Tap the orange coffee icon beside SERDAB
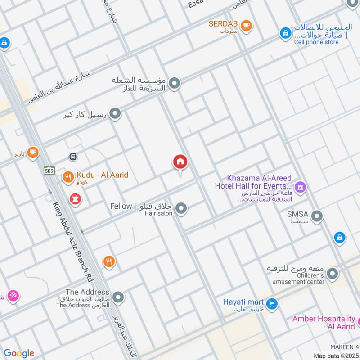point(246,26)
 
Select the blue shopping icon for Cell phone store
point(285,33)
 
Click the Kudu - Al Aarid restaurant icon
point(68,178)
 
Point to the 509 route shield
point(49,170)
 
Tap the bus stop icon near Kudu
point(72,157)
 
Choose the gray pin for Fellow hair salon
point(181,208)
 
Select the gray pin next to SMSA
point(317,217)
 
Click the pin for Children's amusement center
point(333,274)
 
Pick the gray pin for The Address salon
point(118,297)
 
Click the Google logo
point(18,353)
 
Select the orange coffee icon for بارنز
point(32,153)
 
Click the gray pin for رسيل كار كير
point(116,114)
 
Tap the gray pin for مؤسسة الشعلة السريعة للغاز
point(175,84)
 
